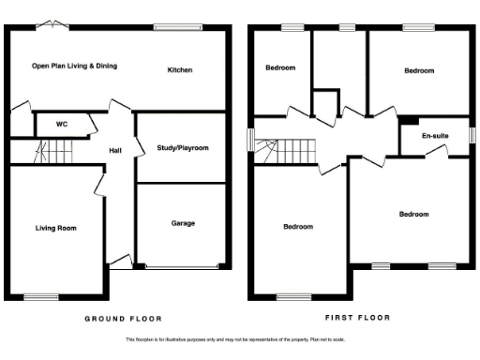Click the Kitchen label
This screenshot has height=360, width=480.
(x=180, y=70)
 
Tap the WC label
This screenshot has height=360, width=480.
(x=62, y=124)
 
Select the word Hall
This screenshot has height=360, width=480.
(x=115, y=151)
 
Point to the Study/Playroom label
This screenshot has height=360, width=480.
(x=182, y=148)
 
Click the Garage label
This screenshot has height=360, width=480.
(x=183, y=224)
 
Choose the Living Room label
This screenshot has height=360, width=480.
(x=55, y=228)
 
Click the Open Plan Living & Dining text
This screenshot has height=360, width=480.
(x=74, y=67)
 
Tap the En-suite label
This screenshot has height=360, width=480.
(x=434, y=137)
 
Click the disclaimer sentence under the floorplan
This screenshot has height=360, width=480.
(x=239, y=340)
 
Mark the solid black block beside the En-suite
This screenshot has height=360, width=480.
(x=408, y=120)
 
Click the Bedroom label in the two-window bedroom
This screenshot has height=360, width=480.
(x=413, y=214)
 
